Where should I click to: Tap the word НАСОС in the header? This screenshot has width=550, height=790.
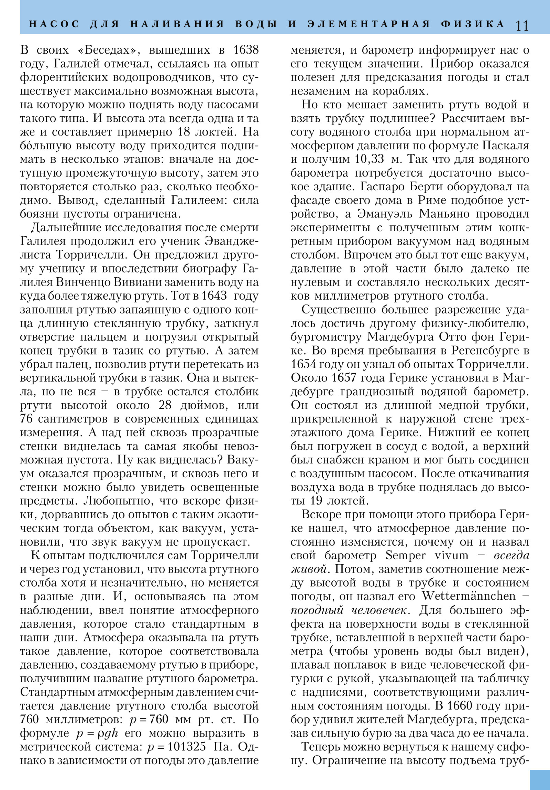pyautogui.click(x=54, y=24)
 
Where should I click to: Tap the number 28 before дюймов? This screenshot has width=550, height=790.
pyautogui.click(x=165, y=405)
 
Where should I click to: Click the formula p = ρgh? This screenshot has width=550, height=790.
pyautogui.click(x=97, y=733)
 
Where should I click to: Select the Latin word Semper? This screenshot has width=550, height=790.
pyautogui.click(x=405, y=555)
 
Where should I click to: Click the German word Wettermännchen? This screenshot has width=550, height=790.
pyautogui.click(x=469, y=596)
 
